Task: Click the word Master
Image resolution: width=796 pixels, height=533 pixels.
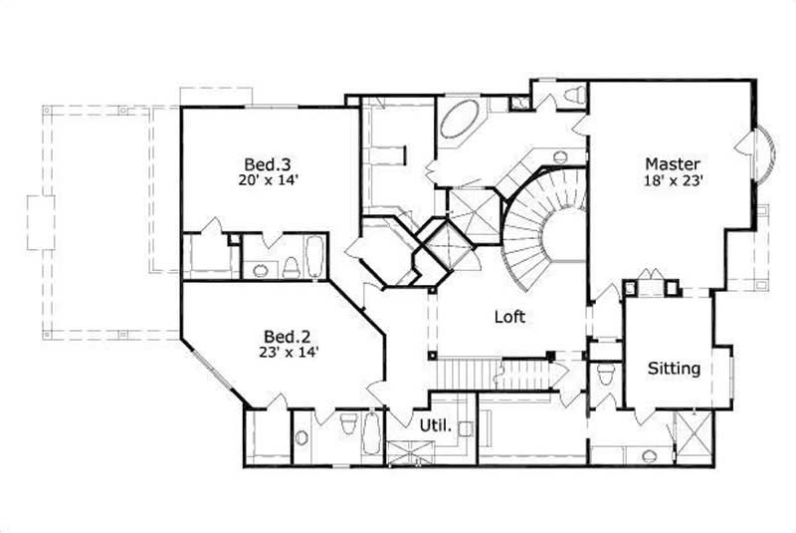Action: (x=673, y=163)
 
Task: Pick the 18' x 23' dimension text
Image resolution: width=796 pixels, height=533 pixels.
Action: (x=673, y=180)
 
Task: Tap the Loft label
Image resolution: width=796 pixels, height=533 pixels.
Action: (x=509, y=318)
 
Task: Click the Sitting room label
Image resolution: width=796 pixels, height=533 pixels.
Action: (x=674, y=368)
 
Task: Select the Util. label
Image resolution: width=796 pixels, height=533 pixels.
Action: (x=434, y=425)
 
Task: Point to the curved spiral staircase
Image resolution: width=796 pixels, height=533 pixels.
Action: (x=542, y=224)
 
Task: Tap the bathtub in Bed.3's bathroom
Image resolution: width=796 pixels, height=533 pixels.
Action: (x=314, y=257)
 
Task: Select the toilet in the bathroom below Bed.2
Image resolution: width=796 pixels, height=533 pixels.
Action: (x=347, y=426)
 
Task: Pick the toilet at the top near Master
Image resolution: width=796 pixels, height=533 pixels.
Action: (x=572, y=96)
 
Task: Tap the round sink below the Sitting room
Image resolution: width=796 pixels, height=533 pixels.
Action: (x=649, y=455)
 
